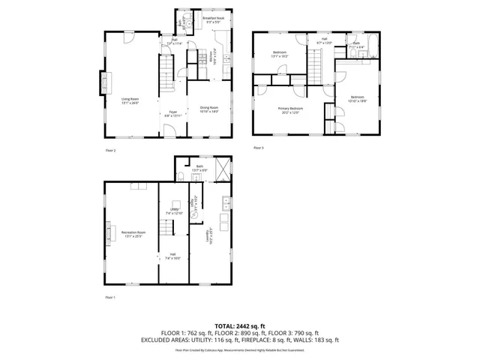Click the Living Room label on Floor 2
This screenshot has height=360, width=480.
click(130, 100)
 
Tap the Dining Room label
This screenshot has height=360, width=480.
click(208, 109)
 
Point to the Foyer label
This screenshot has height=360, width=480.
click(172, 114)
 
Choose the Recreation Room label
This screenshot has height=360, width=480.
click(133, 235)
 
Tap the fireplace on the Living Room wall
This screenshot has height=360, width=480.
click(103, 82)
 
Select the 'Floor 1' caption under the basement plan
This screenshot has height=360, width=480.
click(110, 298)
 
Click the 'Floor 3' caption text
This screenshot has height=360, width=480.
click(258, 148)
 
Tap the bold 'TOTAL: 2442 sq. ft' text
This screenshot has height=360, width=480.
click(239, 325)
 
